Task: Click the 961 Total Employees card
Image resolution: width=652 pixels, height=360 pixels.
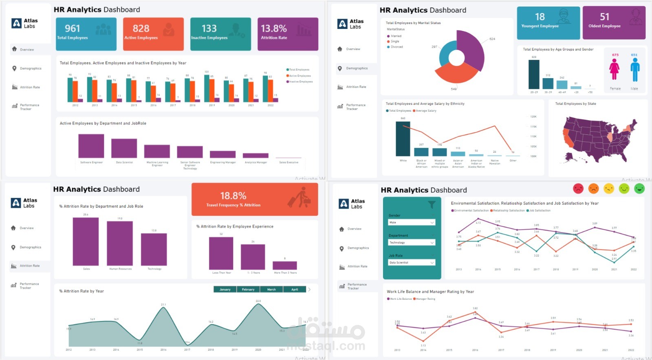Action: tap(86, 34)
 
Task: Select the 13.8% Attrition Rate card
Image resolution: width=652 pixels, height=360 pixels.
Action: tap(288, 34)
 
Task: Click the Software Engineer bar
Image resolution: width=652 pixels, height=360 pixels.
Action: tap(91, 146)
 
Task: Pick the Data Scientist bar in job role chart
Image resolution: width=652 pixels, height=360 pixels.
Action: tap(124, 148)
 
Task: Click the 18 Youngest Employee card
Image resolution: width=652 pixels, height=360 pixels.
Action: tap(548, 23)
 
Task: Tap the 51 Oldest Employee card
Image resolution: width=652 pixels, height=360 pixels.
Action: tap(614, 23)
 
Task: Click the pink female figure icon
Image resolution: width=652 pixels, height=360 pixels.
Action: tap(614, 69)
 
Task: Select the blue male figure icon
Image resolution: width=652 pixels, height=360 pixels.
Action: tap(635, 69)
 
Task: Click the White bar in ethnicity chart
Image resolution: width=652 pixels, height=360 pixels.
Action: tap(403, 138)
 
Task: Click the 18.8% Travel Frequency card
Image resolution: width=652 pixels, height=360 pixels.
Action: tap(254, 199)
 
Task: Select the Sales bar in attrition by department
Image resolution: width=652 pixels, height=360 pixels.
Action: tap(86, 241)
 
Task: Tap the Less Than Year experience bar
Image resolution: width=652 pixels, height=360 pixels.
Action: tap(221, 253)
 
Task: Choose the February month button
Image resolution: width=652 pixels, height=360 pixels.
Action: tap(248, 290)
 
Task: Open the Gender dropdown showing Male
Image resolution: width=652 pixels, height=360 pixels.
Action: tap(412, 222)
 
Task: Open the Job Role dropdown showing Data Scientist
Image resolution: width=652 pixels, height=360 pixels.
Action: tap(412, 263)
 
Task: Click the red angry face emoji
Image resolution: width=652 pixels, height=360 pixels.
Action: tap(578, 189)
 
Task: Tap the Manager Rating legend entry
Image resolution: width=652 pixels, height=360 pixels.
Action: tap(425, 299)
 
